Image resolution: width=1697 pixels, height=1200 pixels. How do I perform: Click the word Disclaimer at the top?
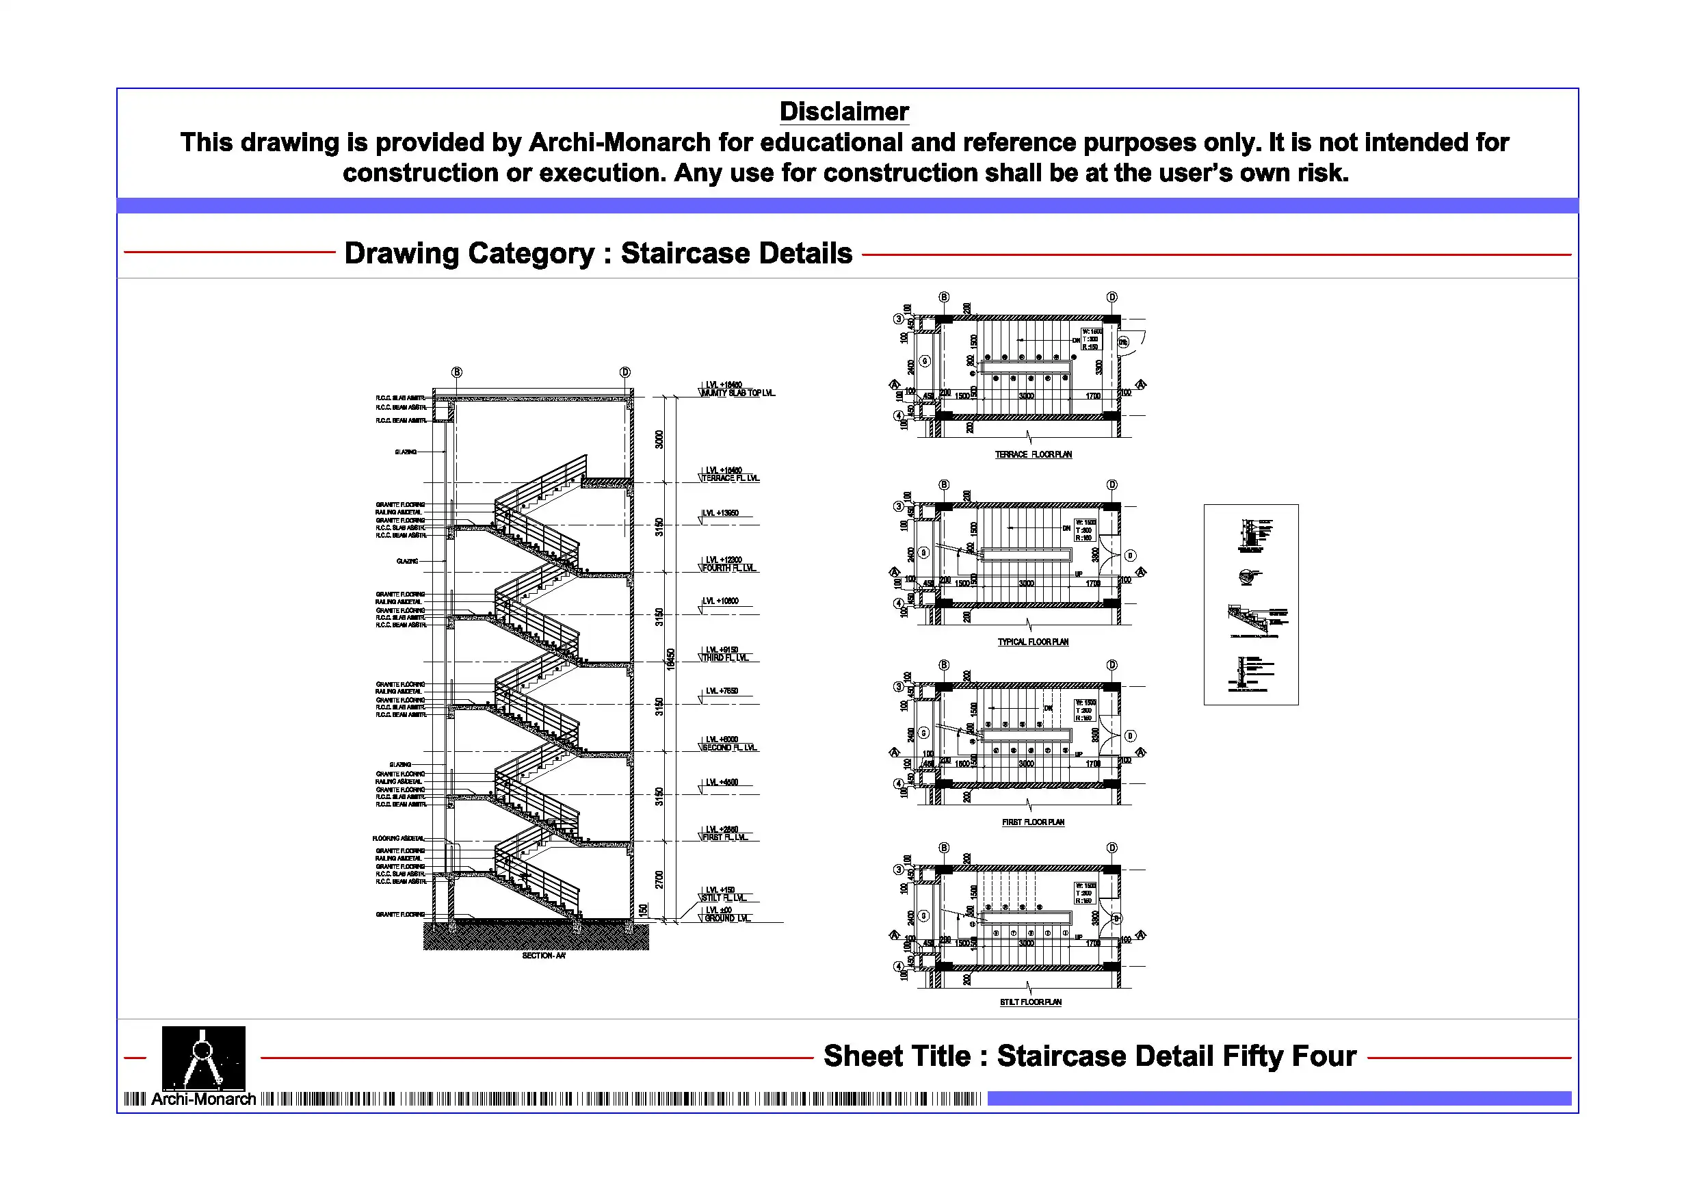tap(844, 112)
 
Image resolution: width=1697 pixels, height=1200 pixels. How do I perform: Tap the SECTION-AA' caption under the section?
tap(543, 955)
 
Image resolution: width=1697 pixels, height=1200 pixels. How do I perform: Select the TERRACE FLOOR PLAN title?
tap(1033, 455)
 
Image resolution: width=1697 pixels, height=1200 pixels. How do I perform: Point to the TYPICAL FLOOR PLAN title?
tap(1033, 642)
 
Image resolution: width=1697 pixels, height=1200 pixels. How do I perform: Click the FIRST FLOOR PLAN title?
tap(1033, 822)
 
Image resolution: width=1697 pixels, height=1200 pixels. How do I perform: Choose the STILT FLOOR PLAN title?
tap(1030, 1002)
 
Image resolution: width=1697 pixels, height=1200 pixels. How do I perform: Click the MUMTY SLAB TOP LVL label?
tap(737, 393)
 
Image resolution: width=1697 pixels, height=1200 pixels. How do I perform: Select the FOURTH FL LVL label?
tap(728, 568)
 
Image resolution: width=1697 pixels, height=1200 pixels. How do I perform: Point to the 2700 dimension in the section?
tap(659, 880)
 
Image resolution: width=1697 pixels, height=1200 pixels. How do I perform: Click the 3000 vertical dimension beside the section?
tap(659, 439)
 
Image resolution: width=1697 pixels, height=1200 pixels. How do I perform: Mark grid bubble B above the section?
tap(457, 372)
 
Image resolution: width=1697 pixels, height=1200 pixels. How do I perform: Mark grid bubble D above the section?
tap(625, 372)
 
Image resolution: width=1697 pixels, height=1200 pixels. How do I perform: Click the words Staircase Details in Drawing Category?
tap(736, 254)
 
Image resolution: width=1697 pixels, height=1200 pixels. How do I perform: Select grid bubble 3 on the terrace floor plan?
tap(898, 319)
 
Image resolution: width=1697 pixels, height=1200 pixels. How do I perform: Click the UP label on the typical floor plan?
tap(1079, 574)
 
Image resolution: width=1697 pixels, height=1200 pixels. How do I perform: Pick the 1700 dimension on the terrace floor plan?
tap(1092, 396)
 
